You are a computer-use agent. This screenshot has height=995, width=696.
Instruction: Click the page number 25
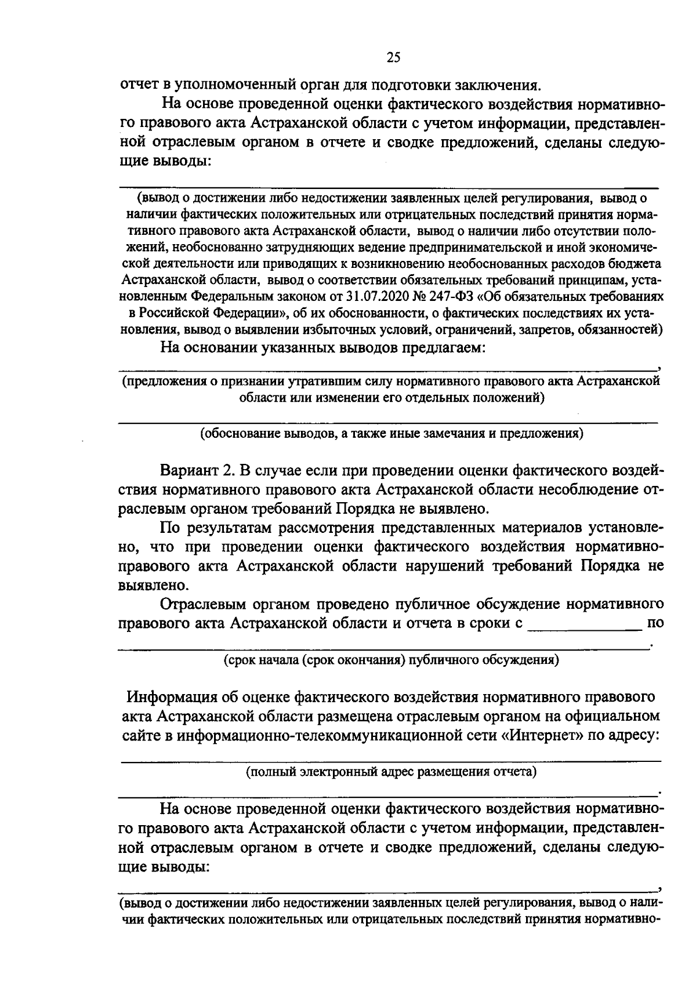(x=393, y=57)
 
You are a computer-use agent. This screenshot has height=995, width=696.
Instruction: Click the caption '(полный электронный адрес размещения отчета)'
(x=391, y=772)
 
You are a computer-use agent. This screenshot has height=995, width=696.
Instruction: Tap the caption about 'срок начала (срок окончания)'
(x=391, y=659)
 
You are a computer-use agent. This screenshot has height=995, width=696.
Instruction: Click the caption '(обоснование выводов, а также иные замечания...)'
(x=391, y=433)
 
